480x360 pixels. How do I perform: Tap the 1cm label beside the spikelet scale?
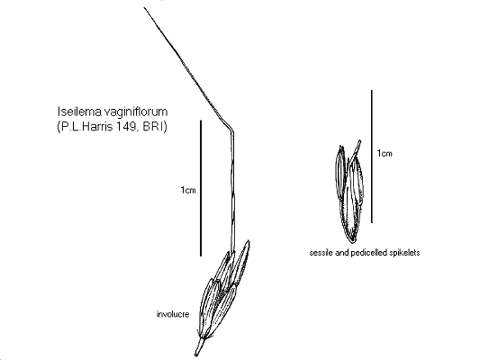click(385, 154)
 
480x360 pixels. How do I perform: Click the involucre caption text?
click(172, 314)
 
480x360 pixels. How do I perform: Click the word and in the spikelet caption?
click(344, 253)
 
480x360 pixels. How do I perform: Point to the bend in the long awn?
click(232, 128)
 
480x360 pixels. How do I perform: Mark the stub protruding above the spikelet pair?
click(358, 145)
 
